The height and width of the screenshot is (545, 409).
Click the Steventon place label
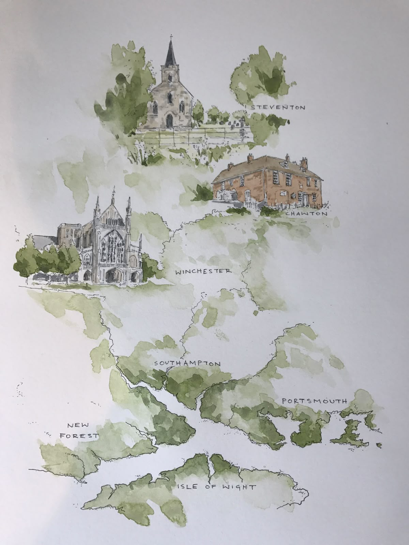[x=277, y=108]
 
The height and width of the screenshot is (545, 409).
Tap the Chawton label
[x=306, y=214]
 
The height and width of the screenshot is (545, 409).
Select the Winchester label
[x=203, y=271]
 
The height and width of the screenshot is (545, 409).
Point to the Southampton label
[x=187, y=363]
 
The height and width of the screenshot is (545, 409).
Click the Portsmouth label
[x=314, y=401]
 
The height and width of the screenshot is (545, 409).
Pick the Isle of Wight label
[x=216, y=487]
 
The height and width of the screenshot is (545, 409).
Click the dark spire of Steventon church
[x=170, y=54]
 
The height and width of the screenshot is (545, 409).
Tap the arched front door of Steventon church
[x=169, y=120]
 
